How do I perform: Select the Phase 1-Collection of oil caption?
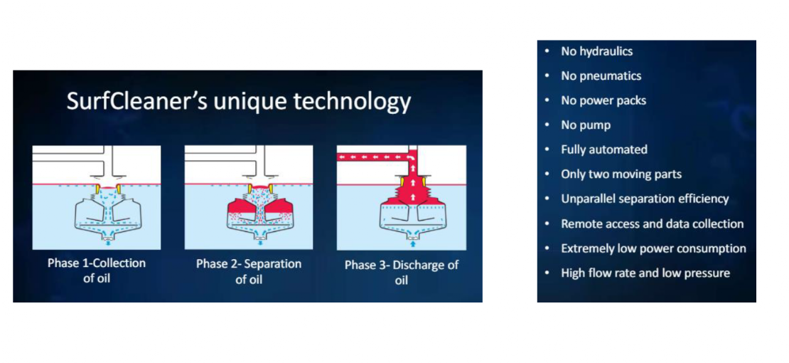pos(97,270)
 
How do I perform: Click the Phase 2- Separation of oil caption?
pos(249,271)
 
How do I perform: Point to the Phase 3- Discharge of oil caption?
pos(402,272)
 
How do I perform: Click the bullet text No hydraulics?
pos(597,51)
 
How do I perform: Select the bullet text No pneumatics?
pos(601,76)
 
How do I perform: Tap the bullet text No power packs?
pos(603,100)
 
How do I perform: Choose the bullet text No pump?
pos(586,125)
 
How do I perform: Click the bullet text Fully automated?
pos(603,149)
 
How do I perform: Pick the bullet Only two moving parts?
pos(621,174)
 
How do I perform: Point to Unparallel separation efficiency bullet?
pos(645,199)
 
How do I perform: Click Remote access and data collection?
pos(652,223)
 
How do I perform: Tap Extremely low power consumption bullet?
pos(654,248)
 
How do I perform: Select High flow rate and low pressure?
pos(645,273)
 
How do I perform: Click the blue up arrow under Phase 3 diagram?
pos(413,243)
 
